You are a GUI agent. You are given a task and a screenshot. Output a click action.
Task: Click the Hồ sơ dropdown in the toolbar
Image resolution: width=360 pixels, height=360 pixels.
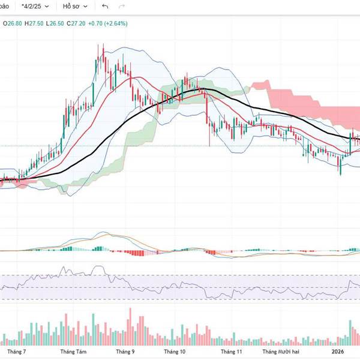76,7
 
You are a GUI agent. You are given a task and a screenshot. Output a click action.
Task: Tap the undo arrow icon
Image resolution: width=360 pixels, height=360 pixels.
106,7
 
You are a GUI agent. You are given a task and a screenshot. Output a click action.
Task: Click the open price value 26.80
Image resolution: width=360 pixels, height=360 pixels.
13,23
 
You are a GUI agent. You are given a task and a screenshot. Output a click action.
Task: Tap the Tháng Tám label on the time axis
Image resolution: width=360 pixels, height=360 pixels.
72,352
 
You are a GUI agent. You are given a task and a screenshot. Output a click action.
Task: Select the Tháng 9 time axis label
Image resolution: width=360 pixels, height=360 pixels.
125,352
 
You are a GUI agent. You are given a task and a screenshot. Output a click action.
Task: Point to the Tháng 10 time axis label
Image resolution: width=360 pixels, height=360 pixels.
175,352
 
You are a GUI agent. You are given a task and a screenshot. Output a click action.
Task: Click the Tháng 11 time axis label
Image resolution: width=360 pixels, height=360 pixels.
230,352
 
